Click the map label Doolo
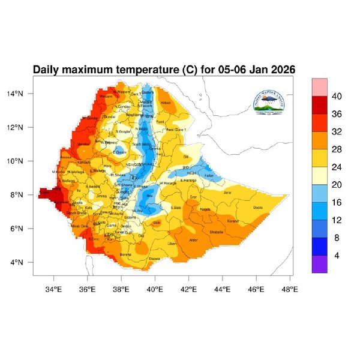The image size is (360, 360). [x=258, y=208]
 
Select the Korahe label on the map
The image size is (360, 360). [x=233, y=221]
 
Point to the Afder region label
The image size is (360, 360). [x=193, y=240]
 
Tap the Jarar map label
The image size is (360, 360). [x=227, y=193]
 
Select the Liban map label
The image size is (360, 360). [x=172, y=244]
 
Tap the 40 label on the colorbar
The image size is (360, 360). [x=337, y=97]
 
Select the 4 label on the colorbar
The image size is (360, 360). [x=337, y=256]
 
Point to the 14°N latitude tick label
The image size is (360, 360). [x=23, y=94]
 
